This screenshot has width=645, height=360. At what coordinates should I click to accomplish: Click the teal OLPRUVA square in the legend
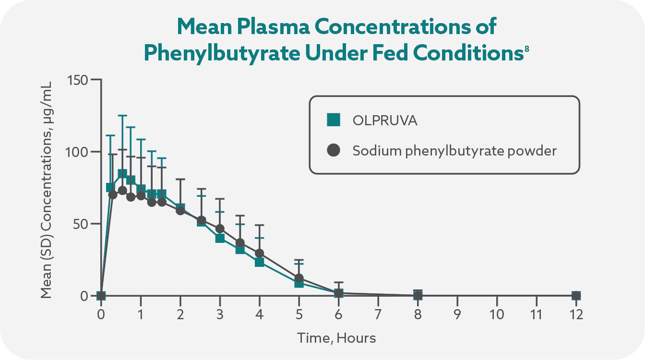tap(333, 120)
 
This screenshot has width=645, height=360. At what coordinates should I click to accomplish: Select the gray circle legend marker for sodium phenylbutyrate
tap(333, 151)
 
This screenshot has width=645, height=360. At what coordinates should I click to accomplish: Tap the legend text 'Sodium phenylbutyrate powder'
tap(454, 151)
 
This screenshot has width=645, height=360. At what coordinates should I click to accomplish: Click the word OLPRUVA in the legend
tap(385, 120)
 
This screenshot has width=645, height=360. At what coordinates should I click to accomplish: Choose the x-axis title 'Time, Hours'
tap(336, 338)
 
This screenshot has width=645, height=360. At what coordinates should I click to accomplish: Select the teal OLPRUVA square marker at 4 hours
tap(260, 262)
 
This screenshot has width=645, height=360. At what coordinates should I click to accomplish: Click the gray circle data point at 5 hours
tap(299, 278)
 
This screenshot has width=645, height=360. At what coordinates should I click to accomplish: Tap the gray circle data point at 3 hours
tap(220, 228)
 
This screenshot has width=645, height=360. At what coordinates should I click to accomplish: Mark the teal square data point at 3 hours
tap(220, 238)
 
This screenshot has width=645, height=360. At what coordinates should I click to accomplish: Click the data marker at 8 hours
tap(418, 295)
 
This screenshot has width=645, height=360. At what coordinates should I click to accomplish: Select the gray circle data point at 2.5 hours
tap(202, 220)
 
